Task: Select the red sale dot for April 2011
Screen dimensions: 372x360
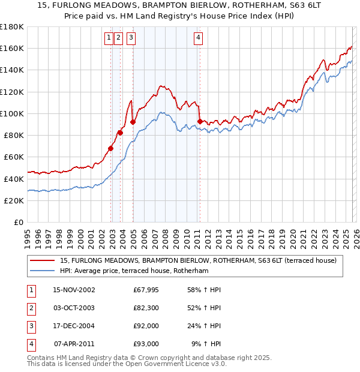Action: click(200, 121)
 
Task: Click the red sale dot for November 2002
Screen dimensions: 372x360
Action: click(111, 148)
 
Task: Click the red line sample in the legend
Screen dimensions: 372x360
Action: click(42, 260)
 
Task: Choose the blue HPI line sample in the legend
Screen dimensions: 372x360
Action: click(42, 271)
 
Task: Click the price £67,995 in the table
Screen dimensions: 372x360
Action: click(146, 290)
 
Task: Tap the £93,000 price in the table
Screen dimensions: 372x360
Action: click(146, 344)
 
